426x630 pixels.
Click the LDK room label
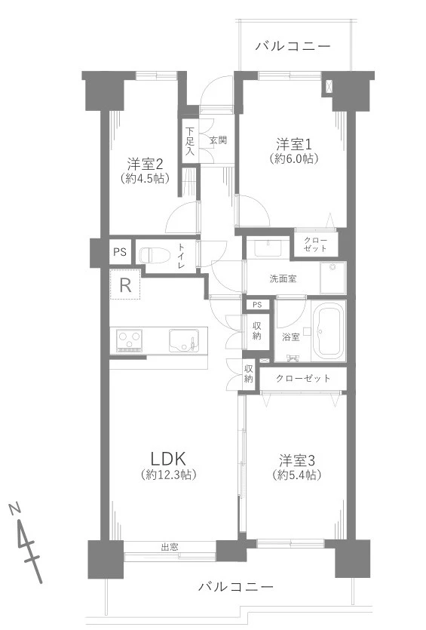pyautogui.click(x=168, y=458)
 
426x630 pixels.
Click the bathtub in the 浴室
pyautogui.click(x=328, y=332)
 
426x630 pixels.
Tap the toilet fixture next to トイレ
pyautogui.click(x=155, y=254)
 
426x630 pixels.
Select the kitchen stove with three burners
pyautogui.click(x=130, y=341)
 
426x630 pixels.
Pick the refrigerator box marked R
pyautogui.click(x=126, y=285)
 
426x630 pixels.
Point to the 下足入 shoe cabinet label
pyautogui.click(x=190, y=141)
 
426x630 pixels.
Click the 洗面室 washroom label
pyautogui.click(x=283, y=278)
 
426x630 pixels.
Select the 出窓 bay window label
pyautogui.click(x=169, y=547)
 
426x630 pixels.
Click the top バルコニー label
pyautogui.click(x=293, y=47)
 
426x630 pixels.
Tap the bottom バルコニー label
pyautogui.click(x=235, y=586)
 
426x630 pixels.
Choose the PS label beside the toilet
pyautogui.click(x=119, y=253)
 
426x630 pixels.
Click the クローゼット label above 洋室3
pyautogui.click(x=303, y=378)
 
